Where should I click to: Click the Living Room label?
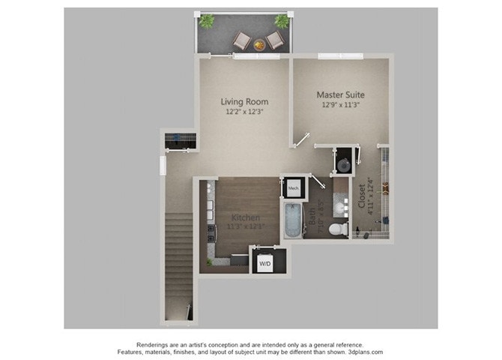click(244, 101)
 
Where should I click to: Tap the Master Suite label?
click(340, 94)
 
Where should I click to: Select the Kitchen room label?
click(244, 217)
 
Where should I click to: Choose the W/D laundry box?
click(265, 264)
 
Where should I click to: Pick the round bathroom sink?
click(343, 202)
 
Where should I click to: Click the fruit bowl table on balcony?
click(259, 44)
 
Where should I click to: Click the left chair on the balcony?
click(242, 40)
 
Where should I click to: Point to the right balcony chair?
click(275, 40)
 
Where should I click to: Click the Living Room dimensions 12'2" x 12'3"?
click(244, 112)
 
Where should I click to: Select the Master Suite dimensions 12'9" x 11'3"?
click(340, 105)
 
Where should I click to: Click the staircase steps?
click(178, 255)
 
